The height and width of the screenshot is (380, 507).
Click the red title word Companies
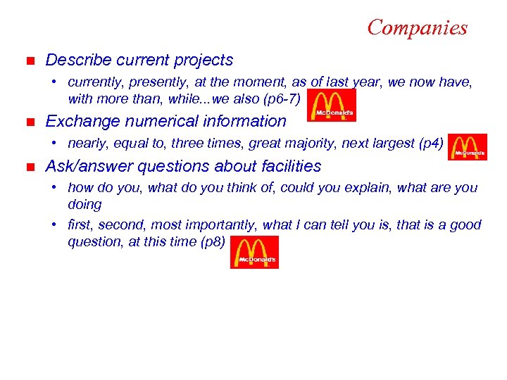click(x=417, y=27)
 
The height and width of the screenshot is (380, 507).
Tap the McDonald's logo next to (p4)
click(x=467, y=146)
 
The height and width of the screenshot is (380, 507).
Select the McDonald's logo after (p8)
click(x=255, y=252)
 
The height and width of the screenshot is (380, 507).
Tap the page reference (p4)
click(x=431, y=144)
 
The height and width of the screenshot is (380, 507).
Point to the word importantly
click(x=225, y=225)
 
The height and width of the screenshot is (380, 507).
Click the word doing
click(x=84, y=205)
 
